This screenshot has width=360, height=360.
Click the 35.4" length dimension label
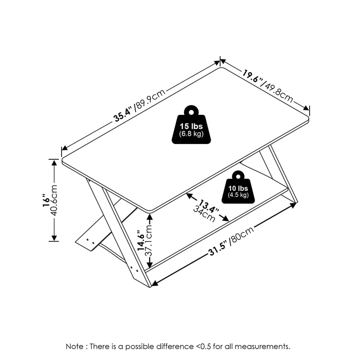123,114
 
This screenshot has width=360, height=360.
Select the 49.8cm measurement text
278,92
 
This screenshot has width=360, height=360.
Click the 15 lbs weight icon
191,125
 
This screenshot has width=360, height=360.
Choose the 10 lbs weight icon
238,187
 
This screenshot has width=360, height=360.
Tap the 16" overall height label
46,200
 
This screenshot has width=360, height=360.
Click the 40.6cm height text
54,200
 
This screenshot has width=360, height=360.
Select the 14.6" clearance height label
141,240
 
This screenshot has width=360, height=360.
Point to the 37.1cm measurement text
149,240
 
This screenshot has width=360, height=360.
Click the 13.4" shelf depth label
209,207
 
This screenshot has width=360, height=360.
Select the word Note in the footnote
75,346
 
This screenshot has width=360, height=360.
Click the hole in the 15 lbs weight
191,112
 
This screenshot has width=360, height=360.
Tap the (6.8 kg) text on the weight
191,134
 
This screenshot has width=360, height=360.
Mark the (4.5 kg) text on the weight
238,195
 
